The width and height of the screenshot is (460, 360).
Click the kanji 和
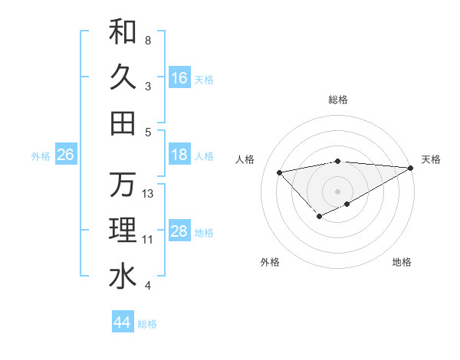[123, 31]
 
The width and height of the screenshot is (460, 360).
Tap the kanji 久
[123, 77]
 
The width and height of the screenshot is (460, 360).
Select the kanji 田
[123, 123]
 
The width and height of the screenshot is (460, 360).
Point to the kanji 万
[123, 185]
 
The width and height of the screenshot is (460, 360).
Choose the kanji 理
[123, 231]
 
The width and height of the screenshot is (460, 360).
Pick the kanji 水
[123, 277]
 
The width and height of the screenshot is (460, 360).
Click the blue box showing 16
[179, 78]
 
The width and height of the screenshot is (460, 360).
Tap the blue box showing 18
[179, 155]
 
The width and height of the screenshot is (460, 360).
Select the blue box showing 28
[179, 231]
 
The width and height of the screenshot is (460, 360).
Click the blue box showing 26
[65, 155]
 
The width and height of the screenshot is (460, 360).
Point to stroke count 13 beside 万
[149, 194]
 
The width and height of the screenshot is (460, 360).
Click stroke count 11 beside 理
[148, 240]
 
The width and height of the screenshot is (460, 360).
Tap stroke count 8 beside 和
[148, 41]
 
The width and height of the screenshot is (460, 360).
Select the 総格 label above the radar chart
[337, 100]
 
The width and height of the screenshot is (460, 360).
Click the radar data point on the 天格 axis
[412, 168]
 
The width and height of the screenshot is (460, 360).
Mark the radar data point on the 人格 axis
[279, 172]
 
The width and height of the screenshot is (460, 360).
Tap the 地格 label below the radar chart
[402, 262]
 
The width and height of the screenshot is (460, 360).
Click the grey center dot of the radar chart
[337, 191]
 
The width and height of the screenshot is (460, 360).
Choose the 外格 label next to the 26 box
[41, 156]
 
